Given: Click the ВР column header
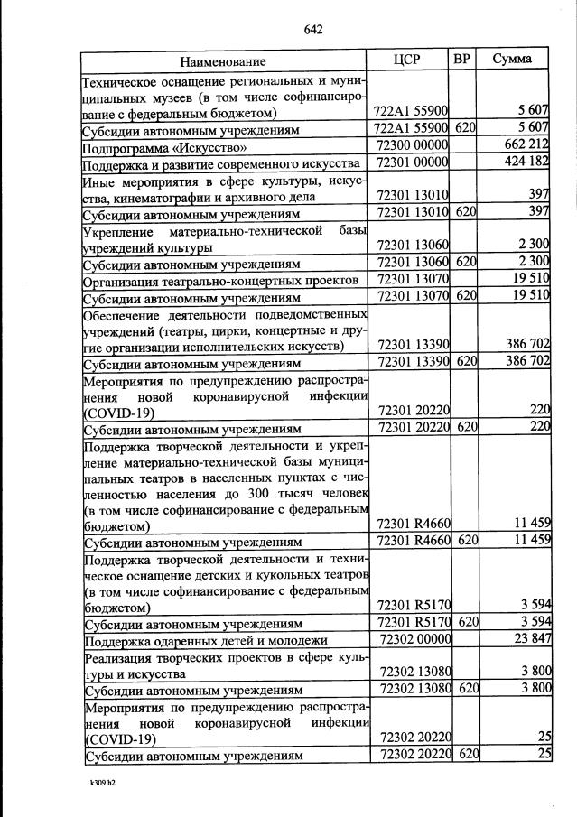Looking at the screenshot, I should pyautogui.click(x=462, y=60).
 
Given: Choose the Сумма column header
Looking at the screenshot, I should pyautogui.click(x=511, y=60).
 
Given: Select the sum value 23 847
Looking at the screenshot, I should pyautogui.click(x=528, y=640).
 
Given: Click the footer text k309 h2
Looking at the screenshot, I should pyautogui.click(x=96, y=783).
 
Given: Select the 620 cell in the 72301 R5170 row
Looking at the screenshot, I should pyautogui.click(x=465, y=623).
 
